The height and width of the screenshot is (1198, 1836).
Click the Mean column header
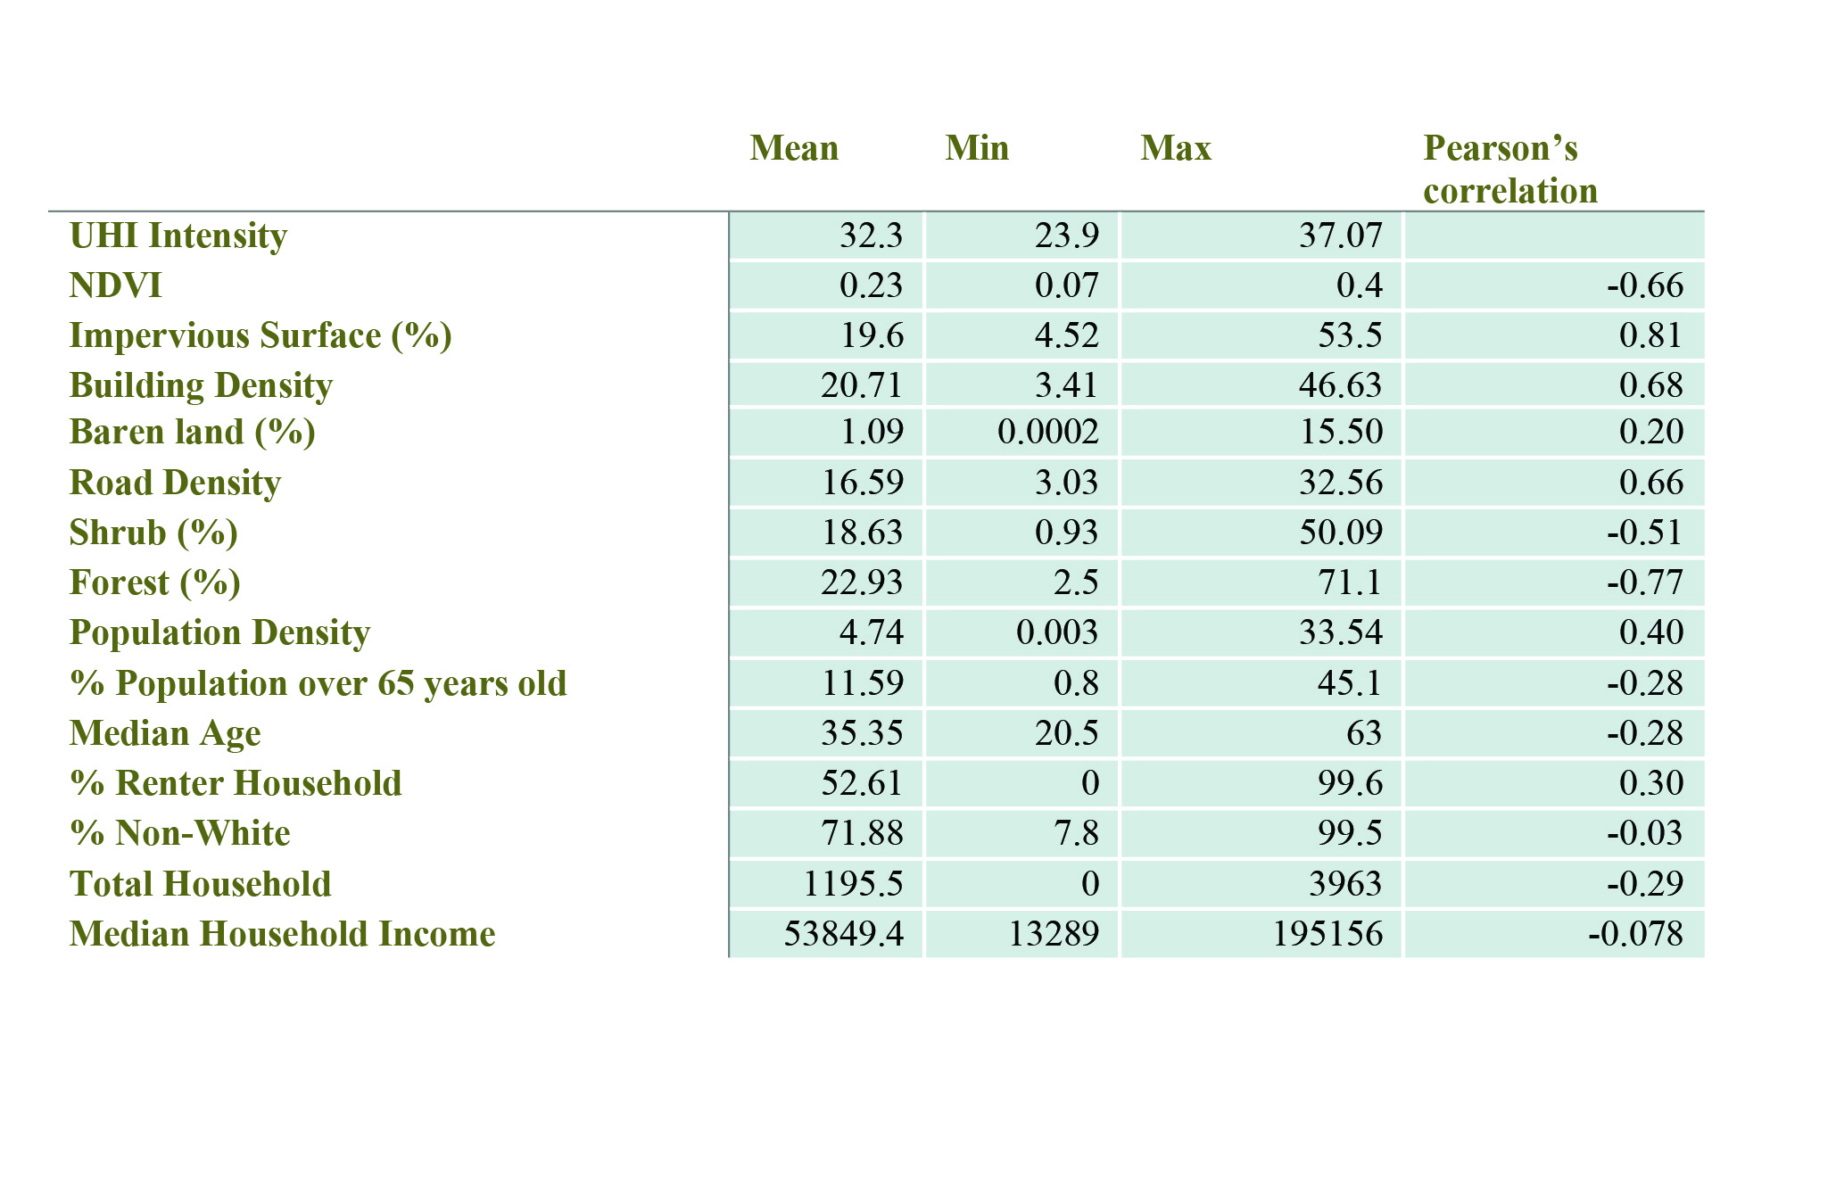click(794, 148)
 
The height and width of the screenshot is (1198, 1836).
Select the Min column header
click(977, 148)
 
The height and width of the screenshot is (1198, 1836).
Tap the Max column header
click(1176, 148)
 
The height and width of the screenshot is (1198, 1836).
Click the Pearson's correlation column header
click(1509, 169)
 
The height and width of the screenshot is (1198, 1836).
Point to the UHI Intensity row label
click(178, 235)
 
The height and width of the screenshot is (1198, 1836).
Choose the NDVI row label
click(116, 285)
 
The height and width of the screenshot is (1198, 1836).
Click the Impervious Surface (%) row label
click(261, 335)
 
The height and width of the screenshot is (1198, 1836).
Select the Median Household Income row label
click(282, 934)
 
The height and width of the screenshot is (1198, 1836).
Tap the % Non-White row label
click(180, 833)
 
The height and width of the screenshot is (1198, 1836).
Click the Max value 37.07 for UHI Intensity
click(1341, 235)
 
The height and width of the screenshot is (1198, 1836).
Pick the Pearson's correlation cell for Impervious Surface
click(1650, 335)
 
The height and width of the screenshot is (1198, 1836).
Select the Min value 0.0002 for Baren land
click(1048, 432)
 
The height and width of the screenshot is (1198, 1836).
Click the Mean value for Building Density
click(862, 385)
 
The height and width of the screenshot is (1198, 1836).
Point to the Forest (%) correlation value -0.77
click(1645, 582)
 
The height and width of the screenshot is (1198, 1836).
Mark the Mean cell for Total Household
click(853, 884)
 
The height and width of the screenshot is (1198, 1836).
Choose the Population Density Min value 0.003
click(1057, 632)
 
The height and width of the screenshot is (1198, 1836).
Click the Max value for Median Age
click(1364, 733)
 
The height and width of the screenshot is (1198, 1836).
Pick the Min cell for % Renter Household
click(1089, 783)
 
